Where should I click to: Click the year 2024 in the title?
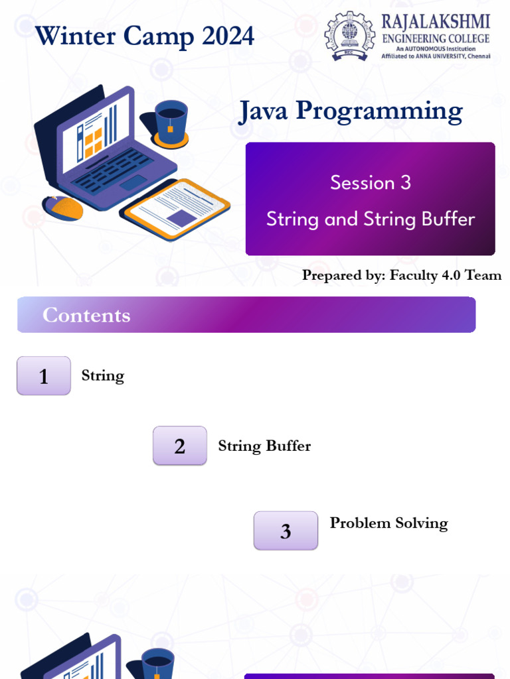click(228, 36)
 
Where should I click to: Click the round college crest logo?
click(349, 36)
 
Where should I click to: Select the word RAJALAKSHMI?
click(436, 22)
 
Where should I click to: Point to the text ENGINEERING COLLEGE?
click(436, 38)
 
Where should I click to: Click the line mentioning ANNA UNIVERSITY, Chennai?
click(436, 56)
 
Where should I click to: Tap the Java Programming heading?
click(351, 111)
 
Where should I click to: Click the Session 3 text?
click(371, 182)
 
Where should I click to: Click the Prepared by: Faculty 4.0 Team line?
click(402, 275)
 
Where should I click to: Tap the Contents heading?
click(86, 315)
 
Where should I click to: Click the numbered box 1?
click(44, 375)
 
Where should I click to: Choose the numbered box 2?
click(179, 446)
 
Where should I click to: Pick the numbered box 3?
click(286, 530)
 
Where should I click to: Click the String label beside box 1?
click(103, 376)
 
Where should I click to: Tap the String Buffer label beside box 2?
click(264, 446)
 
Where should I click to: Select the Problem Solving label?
click(388, 523)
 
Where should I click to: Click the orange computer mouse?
click(63, 208)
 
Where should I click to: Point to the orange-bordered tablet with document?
click(175, 209)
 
